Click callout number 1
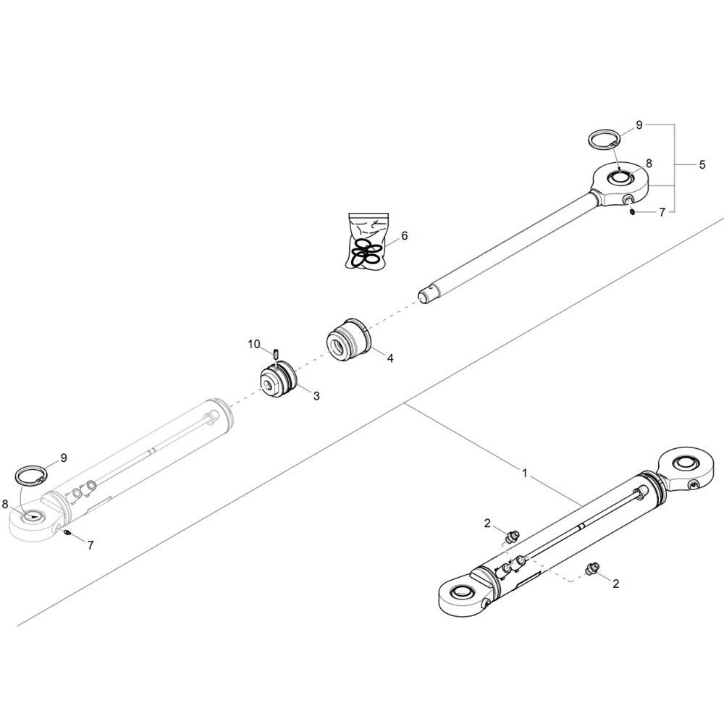[524, 473]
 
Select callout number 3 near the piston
[316, 396]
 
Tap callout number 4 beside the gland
[390, 358]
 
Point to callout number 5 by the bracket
[702, 165]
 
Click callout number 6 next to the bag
[405, 236]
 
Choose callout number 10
[254, 344]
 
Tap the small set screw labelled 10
[274, 354]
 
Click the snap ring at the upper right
[604, 140]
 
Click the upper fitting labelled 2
[513, 536]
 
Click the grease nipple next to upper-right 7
[631, 211]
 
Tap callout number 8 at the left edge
[5, 504]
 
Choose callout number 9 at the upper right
[639, 125]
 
